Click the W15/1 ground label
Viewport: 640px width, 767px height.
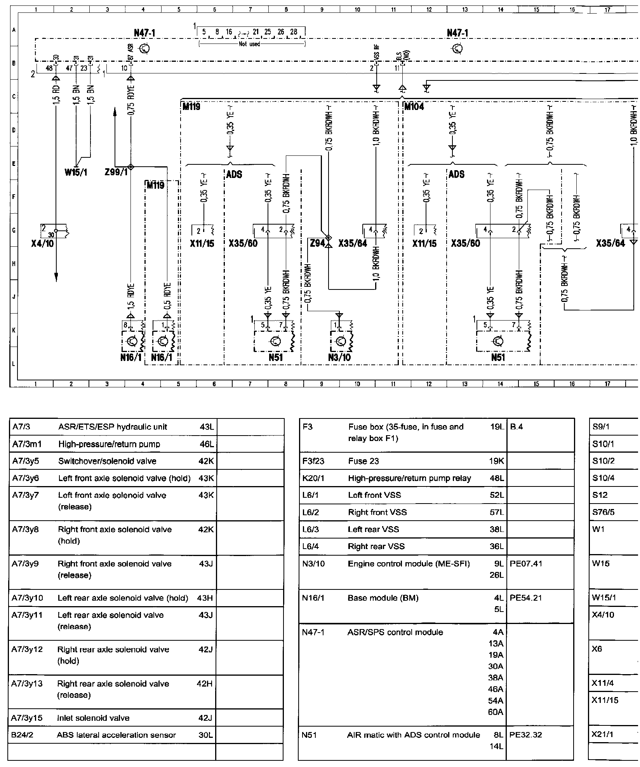coord(76,172)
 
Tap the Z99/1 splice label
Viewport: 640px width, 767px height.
coord(116,172)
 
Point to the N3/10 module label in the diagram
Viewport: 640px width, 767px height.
coord(339,357)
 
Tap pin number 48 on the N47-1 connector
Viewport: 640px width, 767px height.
coord(49,68)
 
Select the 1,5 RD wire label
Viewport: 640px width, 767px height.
coord(57,95)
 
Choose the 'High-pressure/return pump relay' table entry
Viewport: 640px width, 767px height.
coord(409,478)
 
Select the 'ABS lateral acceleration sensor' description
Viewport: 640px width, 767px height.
coord(116,735)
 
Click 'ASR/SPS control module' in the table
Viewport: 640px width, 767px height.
coord(395,632)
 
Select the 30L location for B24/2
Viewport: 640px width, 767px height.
coord(206,735)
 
